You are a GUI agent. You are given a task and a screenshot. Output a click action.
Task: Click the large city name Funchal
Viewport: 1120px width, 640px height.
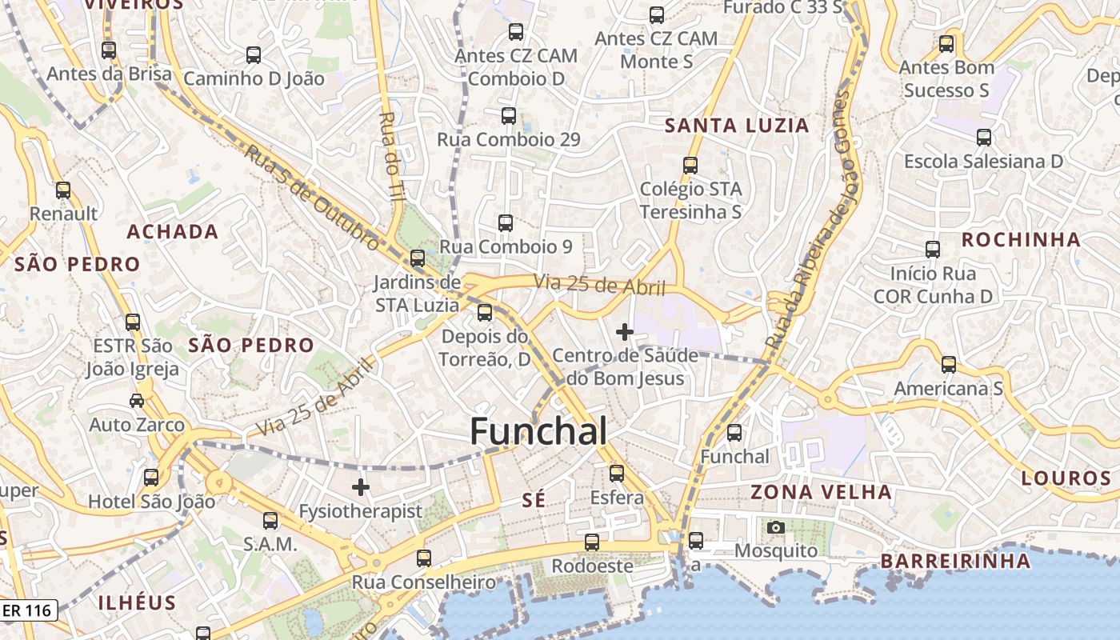click(x=538, y=431)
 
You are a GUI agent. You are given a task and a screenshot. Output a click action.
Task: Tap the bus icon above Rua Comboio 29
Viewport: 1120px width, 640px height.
click(x=509, y=115)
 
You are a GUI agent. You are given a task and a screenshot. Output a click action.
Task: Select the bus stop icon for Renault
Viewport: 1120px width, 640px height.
click(x=63, y=190)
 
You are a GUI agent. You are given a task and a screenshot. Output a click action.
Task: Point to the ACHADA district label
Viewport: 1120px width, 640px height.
click(x=173, y=232)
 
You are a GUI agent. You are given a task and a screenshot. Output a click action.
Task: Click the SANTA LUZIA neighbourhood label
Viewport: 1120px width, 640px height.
click(x=737, y=126)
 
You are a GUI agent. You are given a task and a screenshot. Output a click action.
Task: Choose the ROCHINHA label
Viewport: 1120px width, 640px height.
click(x=1021, y=239)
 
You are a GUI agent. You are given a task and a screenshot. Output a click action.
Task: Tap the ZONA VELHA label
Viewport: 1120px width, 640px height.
click(x=821, y=492)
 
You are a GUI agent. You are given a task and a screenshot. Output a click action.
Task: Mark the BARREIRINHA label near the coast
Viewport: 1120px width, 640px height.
click(x=955, y=561)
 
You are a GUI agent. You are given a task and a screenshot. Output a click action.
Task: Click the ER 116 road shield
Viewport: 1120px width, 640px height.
click(x=27, y=610)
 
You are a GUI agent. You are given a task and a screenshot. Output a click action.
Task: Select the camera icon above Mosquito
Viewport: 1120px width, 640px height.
click(x=775, y=527)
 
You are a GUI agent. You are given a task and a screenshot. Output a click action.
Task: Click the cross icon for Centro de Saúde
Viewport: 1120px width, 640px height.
click(x=625, y=331)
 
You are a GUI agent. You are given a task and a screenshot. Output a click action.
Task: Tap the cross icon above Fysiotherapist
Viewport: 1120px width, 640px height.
click(x=361, y=486)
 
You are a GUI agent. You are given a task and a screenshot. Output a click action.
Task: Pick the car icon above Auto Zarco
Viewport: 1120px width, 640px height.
click(x=137, y=400)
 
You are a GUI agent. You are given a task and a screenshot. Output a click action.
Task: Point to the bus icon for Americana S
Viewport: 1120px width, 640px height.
click(x=948, y=365)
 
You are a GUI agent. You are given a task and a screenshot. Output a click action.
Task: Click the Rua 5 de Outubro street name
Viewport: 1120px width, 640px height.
click(x=310, y=196)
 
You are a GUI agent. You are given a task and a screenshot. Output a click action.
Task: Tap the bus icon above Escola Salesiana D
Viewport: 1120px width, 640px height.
click(x=984, y=138)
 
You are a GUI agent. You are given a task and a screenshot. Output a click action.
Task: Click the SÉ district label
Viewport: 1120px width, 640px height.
click(x=534, y=501)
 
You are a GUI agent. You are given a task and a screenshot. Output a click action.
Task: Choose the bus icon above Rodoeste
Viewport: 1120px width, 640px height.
click(x=592, y=542)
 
